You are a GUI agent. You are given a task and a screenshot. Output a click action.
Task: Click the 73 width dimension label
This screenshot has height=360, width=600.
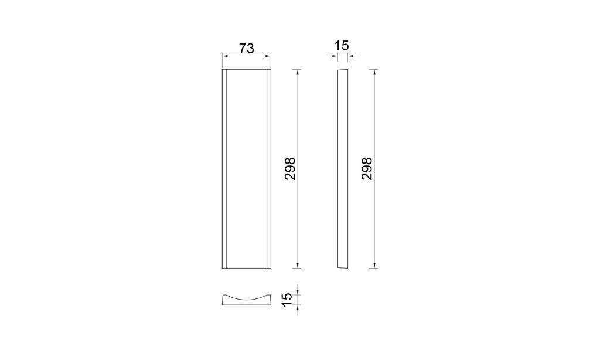(247, 49)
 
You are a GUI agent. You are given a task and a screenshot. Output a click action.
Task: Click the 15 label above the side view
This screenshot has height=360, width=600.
(342, 46)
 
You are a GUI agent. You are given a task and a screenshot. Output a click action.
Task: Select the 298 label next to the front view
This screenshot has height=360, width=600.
(291, 168)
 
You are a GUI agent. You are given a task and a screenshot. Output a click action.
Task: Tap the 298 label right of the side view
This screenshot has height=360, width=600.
(367, 168)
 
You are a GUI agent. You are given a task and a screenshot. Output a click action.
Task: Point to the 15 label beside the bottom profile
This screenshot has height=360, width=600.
(287, 299)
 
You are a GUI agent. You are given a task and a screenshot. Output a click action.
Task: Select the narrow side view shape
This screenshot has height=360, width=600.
(343, 168)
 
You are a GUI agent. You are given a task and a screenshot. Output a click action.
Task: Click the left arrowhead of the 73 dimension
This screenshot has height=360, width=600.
(225, 56)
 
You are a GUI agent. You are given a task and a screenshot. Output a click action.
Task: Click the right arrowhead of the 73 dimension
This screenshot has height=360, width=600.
(268, 56)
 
